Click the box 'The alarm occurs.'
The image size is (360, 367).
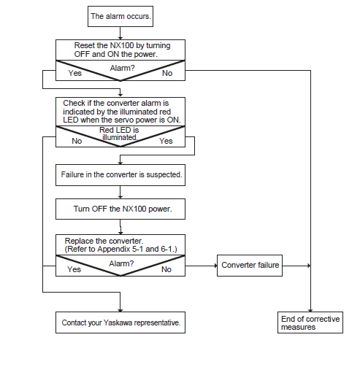(120, 16)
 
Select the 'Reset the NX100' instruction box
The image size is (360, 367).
(120, 50)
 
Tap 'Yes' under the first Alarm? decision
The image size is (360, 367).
(74, 73)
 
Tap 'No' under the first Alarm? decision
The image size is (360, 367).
(167, 73)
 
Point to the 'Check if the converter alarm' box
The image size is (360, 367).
(120, 112)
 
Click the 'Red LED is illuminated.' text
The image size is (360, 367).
(119, 134)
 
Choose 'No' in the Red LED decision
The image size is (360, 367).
(77, 141)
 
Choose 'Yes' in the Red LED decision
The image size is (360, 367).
(166, 141)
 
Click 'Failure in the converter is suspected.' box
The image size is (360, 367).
(120, 175)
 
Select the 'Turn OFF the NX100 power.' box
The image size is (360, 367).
(120, 209)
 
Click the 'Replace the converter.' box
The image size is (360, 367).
(120, 245)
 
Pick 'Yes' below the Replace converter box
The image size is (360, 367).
(74, 269)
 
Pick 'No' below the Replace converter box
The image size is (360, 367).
(166, 269)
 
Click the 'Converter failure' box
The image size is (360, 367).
(250, 266)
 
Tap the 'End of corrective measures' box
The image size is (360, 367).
(310, 322)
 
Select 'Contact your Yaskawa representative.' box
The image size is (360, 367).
(120, 322)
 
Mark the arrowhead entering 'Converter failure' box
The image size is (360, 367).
(215, 266)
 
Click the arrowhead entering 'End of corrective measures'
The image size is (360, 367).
(310, 310)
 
